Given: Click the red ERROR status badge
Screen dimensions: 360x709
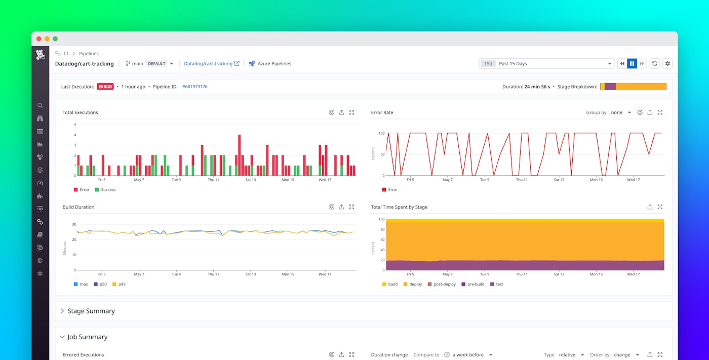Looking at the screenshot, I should pyautogui.click(x=105, y=87).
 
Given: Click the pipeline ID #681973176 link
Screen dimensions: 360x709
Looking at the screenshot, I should pyautogui.click(x=194, y=87).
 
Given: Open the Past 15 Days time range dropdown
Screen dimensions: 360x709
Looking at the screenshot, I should pyautogui.click(x=547, y=64).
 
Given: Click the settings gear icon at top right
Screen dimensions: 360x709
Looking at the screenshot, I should pyautogui.click(x=667, y=64).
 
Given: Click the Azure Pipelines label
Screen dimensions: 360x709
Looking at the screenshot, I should pyautogui.click(x=274, y=64).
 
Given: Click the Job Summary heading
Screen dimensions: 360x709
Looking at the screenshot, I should pyautogui.click(x=87, y=337).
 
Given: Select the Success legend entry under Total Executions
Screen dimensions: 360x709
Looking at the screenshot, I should pyautogui.click(x=108, y=190).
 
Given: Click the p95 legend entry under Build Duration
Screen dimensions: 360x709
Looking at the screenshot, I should pyautogui.click(x=122, y=284).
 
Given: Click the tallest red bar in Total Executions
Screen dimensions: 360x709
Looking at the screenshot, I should pyautogui.click(x=240, y=155).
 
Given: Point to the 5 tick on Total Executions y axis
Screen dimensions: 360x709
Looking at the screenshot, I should pyautogui.click(x=75, y=125).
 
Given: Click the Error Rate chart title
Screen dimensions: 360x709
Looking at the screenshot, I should pyautogui.click(x=382, y=112).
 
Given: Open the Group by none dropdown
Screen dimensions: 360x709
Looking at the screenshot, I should pyautogui.click(x=620, y=112).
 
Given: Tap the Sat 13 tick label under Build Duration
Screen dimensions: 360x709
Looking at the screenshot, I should pyautogui.click(x=251, y=274).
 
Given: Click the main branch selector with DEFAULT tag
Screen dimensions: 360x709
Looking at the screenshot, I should pyautogui.click(x=149, y=64).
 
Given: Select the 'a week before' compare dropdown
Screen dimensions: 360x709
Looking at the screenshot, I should pyautogui.click(x=471, y=355).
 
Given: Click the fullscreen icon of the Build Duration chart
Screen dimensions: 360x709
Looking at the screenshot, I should pyautogui.click(x=351, y=207).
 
